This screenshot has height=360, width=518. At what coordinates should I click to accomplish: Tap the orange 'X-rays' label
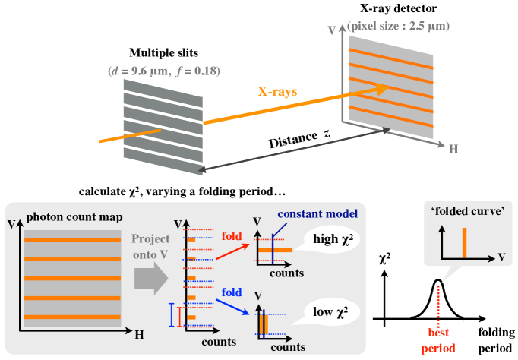point(277,92)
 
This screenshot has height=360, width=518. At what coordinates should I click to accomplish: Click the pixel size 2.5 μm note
point(398,27)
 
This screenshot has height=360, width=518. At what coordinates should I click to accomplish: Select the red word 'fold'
point(231,237)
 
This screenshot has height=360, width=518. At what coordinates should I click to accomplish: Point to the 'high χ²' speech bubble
point(332,242)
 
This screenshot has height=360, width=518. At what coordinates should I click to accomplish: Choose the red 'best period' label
point(437,339)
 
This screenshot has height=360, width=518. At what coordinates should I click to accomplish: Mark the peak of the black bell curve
point(437,280)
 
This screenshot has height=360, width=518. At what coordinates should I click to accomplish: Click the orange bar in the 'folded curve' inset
point(463,242)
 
